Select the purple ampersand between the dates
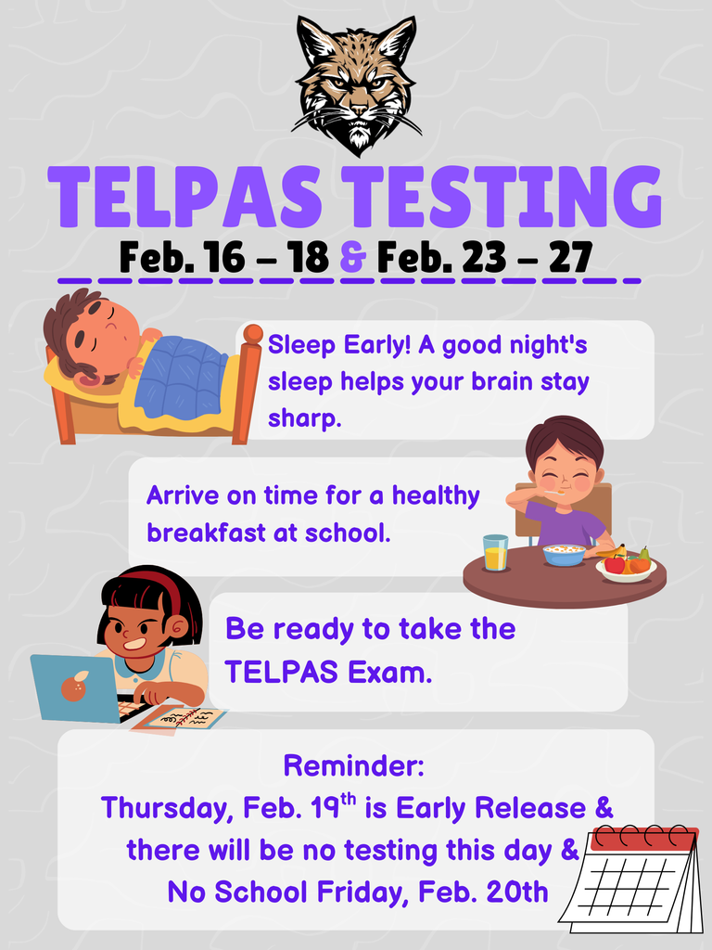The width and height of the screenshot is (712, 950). coord(353,258)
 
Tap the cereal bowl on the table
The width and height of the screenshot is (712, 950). coord(564,554)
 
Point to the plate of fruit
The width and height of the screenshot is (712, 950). coord(626,563)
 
